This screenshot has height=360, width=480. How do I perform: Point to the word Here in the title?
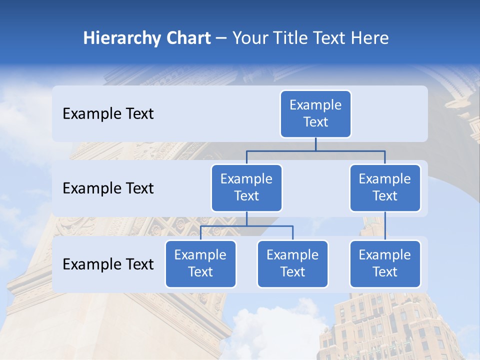click(x=369, y=38)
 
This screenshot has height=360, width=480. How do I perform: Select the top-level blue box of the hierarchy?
click(x=315, y=114)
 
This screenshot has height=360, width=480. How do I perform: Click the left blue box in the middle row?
click(x=246, y=188)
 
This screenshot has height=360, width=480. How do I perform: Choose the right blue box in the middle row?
click(x=385, y=188)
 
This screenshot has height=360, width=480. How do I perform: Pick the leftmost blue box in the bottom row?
click(x=200, y=264)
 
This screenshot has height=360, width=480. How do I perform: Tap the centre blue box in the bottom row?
click(x=292, y=264)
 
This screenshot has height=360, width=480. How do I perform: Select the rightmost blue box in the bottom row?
click(x=385, y=264)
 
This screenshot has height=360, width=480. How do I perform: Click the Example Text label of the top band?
click(x=108, y=114)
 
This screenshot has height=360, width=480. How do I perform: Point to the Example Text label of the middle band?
click(x=108, y=188)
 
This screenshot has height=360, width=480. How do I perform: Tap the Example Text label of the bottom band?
click(x=108, y=264)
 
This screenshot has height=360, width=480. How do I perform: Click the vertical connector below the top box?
click(x=315, y=144)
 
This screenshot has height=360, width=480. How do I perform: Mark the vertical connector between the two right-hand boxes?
click(x=385, y=226)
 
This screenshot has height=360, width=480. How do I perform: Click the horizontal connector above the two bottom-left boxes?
click(x=246, y=226)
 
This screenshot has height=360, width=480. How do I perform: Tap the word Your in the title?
click(x=250, y=38)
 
